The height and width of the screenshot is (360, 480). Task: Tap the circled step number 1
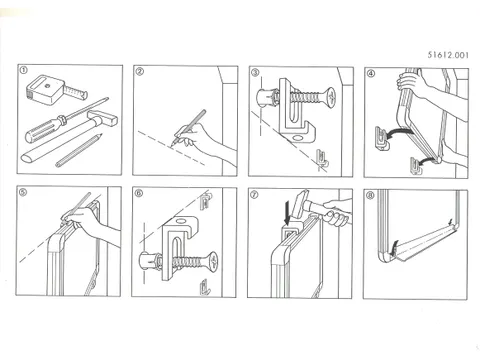[x=24, y=73]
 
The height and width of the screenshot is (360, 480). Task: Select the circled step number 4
[x=370, y=73]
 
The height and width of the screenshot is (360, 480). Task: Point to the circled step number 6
[x=139, y=192]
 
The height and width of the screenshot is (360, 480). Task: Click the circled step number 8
[x=370, y=192]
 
